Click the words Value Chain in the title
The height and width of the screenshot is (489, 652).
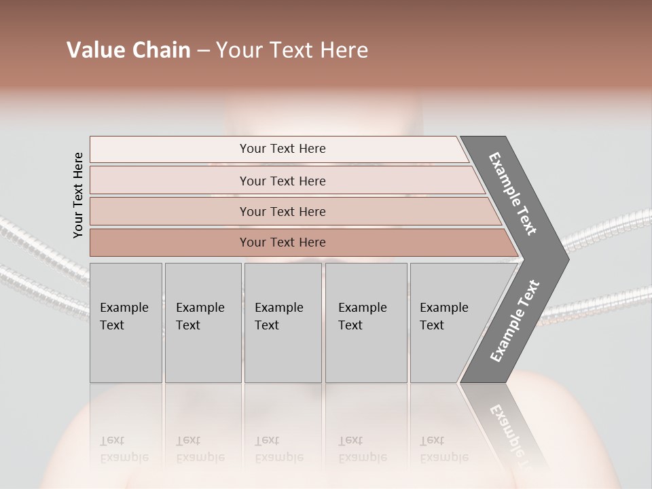128,50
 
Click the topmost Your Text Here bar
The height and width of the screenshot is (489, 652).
282,149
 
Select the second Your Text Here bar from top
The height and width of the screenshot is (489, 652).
282,181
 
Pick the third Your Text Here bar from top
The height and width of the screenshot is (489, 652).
282,211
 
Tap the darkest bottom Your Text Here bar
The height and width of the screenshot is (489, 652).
282,242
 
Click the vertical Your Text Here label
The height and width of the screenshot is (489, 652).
78,195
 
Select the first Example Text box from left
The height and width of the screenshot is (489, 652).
126,323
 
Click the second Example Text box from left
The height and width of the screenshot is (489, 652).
202,323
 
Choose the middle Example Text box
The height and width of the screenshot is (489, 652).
283,323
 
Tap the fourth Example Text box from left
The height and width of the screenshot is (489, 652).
365,323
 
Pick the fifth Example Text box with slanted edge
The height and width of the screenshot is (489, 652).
448,323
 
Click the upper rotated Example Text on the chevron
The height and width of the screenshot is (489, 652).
513,194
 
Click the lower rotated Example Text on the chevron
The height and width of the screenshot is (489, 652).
515,321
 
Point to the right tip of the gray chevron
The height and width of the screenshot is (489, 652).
567,259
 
